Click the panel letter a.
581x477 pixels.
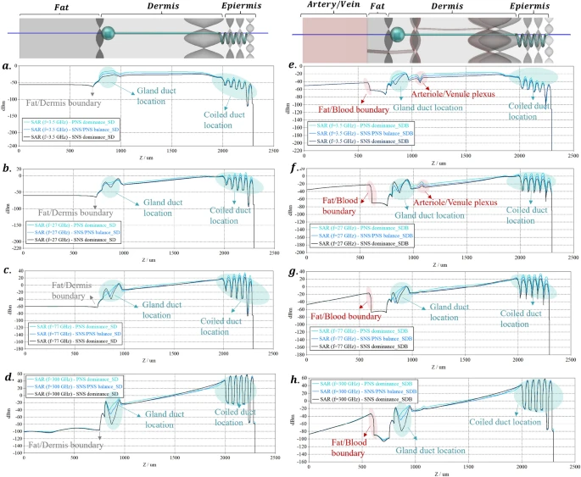tap(7, 66)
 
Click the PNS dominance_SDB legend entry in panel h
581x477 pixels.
tap(364, 385)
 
